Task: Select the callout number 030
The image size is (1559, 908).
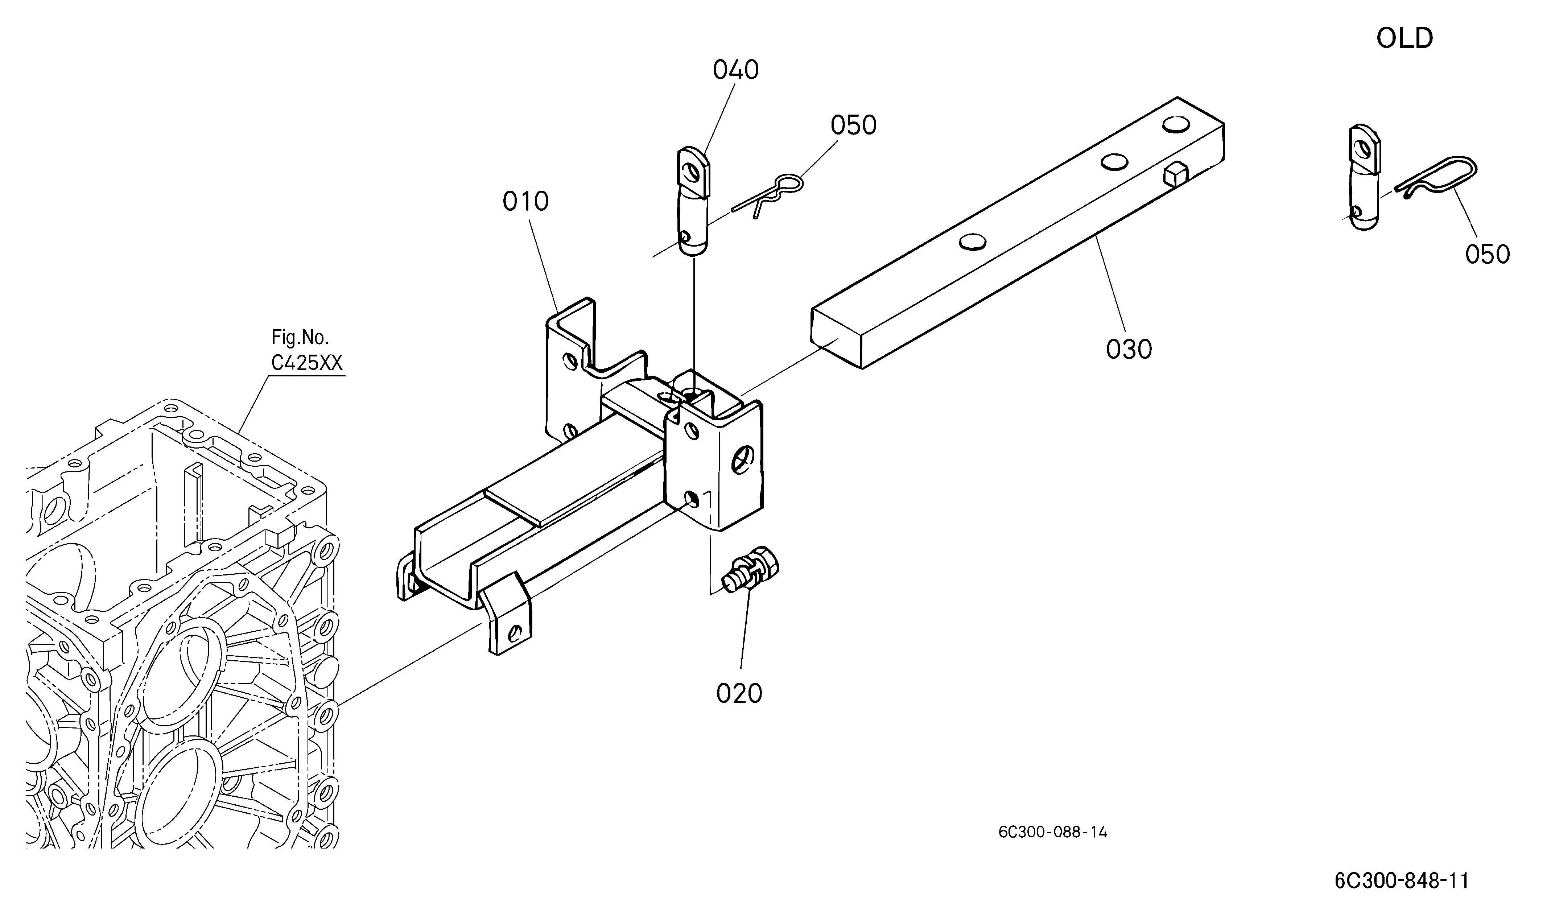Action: click(x=1129, y=350)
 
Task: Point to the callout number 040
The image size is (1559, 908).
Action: click(x=735, y=70)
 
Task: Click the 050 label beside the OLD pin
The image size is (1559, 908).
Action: click(x=1487, y=254)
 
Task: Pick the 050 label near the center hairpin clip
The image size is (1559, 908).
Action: click(x=853, y=125)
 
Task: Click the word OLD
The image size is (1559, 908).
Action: click(x=1405, y=38)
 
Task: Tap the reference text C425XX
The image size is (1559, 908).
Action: click(x=307, y=363)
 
